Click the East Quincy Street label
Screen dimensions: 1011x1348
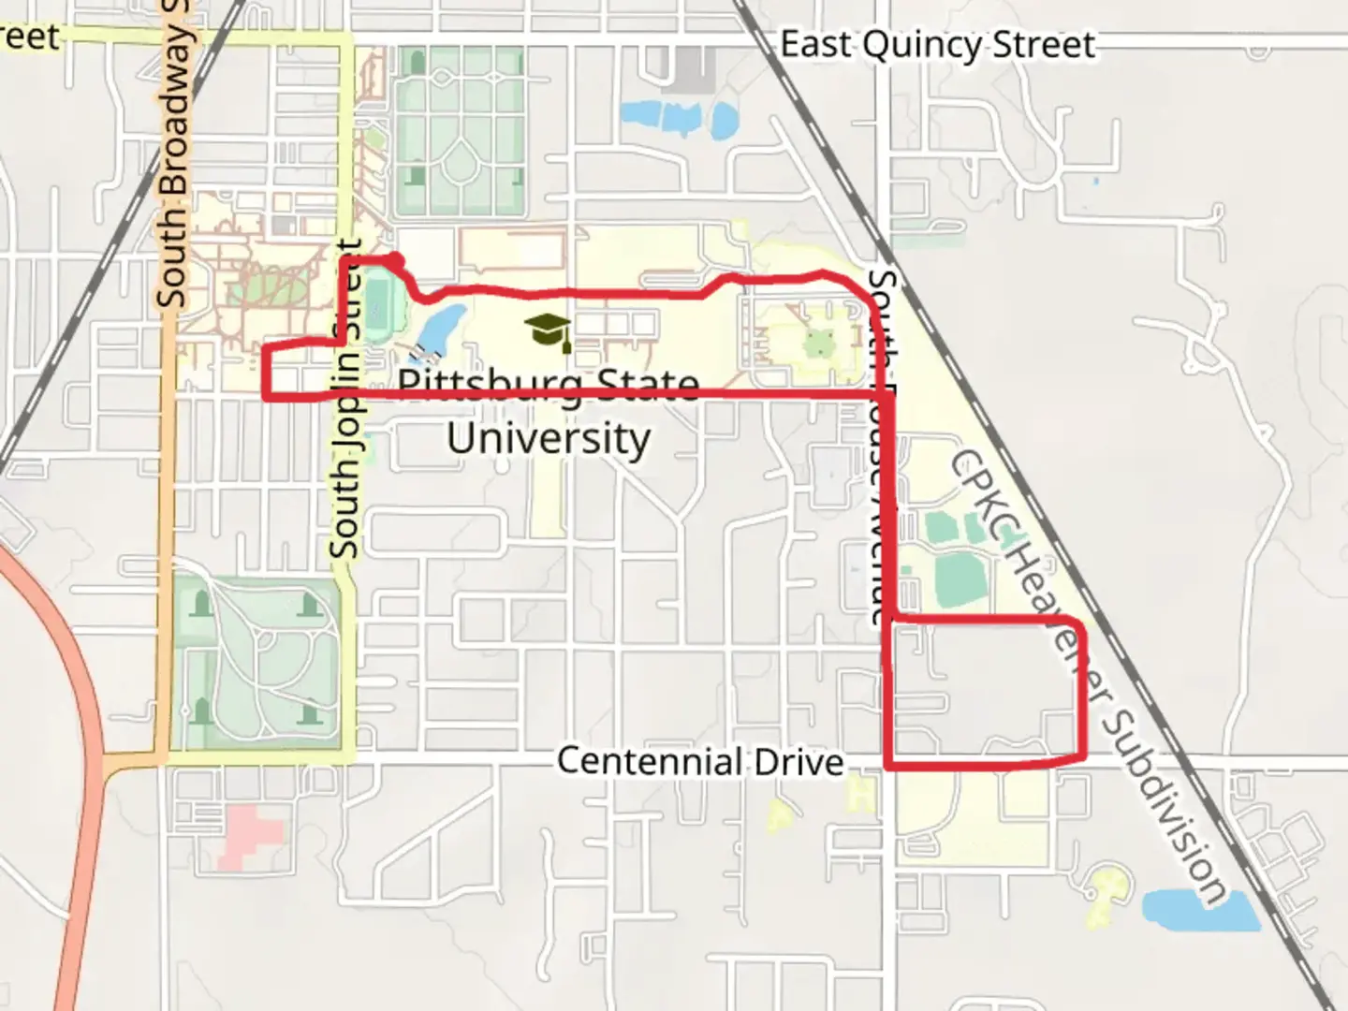[x=937, y=44]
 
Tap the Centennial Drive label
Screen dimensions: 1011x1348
[x=700, y=761]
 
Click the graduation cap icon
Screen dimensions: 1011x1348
[x=549, y=331]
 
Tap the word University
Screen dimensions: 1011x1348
[x=549, y=438]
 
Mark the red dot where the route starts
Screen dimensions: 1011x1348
[x=395, y=259]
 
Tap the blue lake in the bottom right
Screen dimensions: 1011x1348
[x=1199, y=908]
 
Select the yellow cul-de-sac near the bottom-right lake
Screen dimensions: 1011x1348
[x=1108, y=889]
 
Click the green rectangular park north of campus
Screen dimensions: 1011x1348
[x=459, y=131]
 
